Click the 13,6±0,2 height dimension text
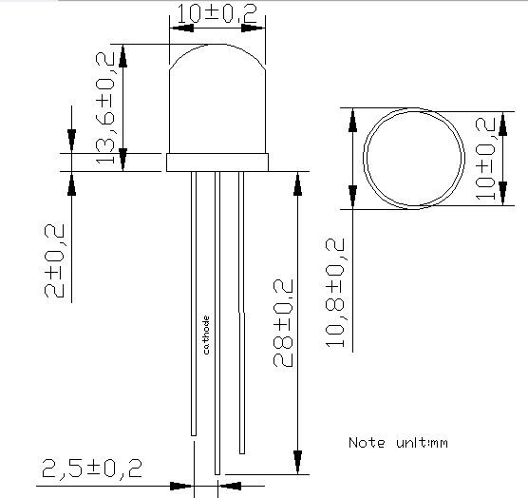[105, 108]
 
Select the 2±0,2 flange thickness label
[54, 260]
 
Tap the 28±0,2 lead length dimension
[283, 323]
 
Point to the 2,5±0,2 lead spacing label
[92, 468]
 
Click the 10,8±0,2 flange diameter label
[335, 293]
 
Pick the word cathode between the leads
[206, 335]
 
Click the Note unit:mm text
[398, 443]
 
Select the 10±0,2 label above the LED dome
[217, 14]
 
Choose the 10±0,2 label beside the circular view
[485, 159]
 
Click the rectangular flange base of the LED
[217, 163]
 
